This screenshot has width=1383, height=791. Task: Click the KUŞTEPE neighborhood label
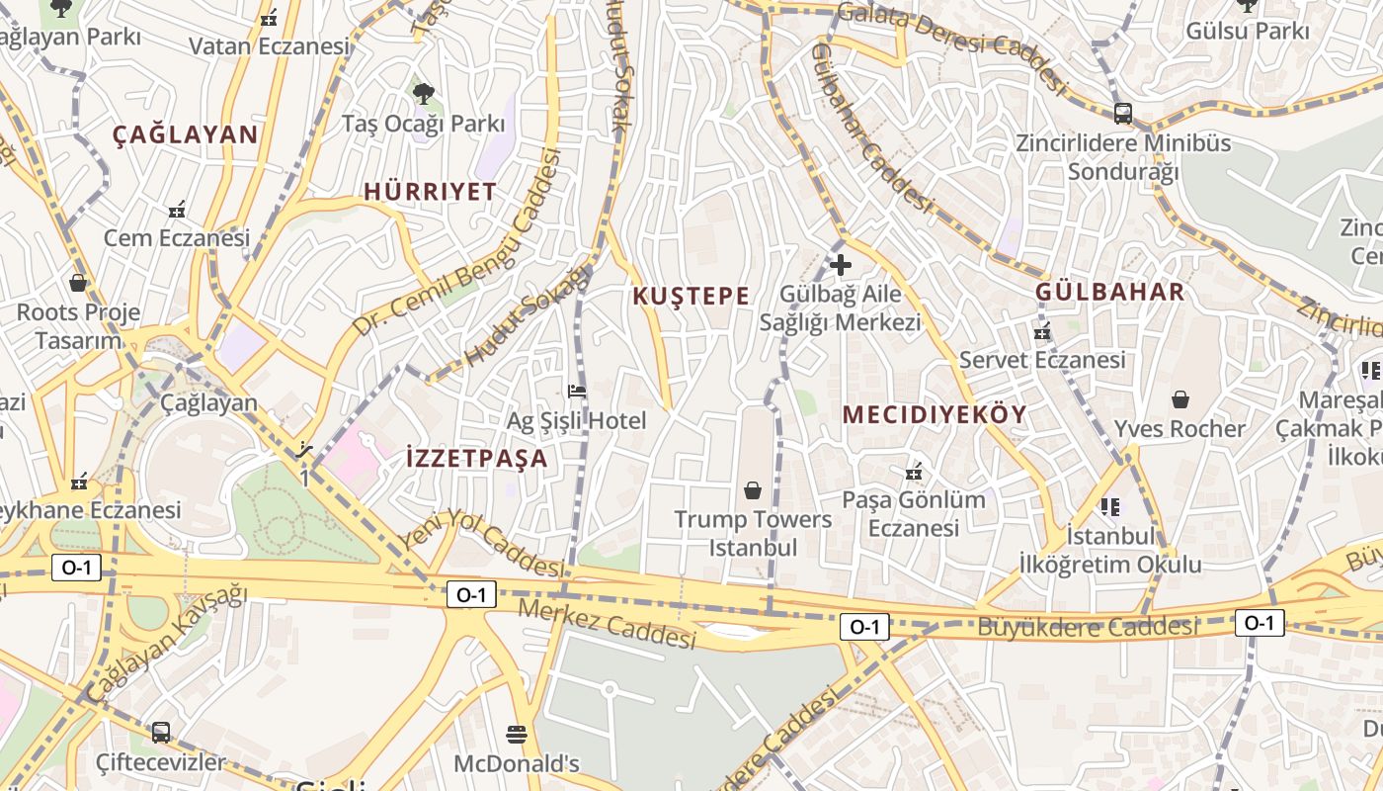pos(691,296)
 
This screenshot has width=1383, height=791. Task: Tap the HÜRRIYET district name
pos(430,192)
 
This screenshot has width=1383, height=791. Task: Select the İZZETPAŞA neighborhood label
pos(477,458)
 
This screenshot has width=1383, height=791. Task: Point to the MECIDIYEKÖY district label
pos(935,414)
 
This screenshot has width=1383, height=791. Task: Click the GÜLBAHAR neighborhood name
pos(1109,292)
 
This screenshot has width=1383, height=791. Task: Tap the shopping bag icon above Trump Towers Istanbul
pos(753,490)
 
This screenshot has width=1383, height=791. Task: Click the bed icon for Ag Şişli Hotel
pos(577,392)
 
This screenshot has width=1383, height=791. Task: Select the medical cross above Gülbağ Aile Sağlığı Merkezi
pos(841,265)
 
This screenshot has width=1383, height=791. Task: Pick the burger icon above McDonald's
pos(516,734)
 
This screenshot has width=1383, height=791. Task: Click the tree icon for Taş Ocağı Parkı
pos(423,94)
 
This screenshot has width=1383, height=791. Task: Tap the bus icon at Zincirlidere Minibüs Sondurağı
pos(1123,113)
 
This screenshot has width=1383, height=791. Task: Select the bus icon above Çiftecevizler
pos(161,733)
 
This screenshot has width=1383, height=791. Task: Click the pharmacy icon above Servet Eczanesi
pos(1042,331)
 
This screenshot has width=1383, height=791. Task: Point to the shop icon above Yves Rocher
pos(1180,399)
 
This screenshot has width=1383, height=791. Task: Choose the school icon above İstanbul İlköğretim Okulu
pos(1110,507)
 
